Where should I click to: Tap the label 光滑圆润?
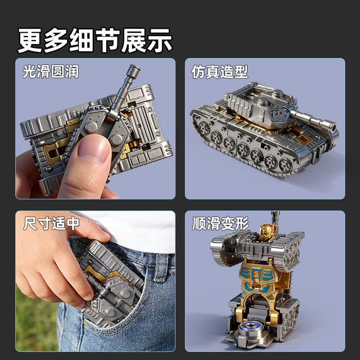click(x=51, y=72)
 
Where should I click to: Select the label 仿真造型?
click(x=220, y=72)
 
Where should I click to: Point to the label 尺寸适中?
click(x=51, y=223)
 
